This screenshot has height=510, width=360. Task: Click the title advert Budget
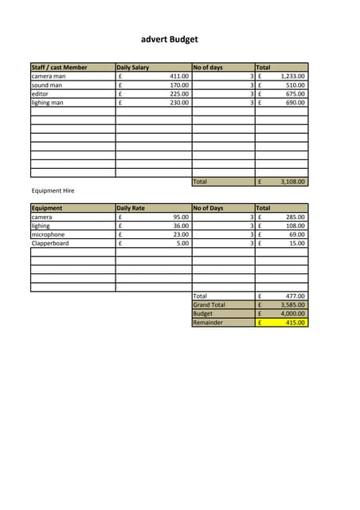169,39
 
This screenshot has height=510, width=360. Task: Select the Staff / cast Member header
59,68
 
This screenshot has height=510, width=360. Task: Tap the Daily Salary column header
133,68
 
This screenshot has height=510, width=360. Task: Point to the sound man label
47,85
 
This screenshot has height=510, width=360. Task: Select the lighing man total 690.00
295,103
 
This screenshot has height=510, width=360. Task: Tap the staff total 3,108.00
292,182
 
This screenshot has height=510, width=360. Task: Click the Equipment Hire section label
53,191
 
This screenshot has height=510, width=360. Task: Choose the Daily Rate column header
131,208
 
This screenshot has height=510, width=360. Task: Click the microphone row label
48,234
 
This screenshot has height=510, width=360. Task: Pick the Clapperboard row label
50,243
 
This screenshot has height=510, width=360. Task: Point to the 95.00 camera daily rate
181,217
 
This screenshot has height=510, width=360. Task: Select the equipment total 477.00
295,296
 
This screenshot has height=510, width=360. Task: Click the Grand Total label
209,304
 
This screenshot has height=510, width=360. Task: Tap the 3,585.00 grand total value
292,304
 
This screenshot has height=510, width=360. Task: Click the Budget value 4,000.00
292,313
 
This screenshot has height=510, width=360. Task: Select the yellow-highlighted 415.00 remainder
295,323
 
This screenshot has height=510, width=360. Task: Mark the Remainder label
208,323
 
